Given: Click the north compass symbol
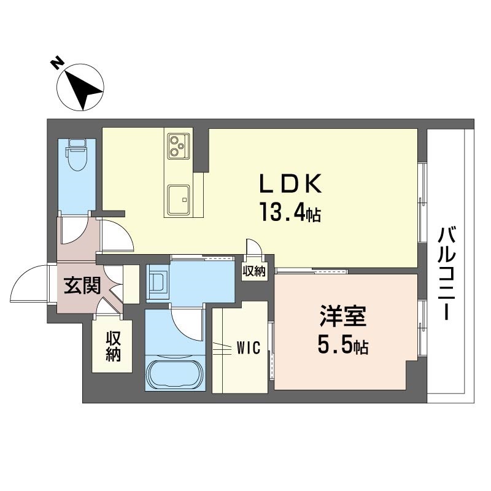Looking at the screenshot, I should click(x=80, y=88).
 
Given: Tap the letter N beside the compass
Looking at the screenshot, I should click(x=55, y=62).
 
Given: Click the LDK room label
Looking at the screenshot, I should click(x=291, y=184).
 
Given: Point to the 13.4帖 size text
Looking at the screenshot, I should click(x=291, y=214).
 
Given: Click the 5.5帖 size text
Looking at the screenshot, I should click(x=342, y=347).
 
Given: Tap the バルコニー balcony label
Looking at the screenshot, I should click(x=447, y=273).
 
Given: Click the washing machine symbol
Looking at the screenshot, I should click(x=157, y=282).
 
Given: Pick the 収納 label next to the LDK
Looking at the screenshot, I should click(x=253, y=271).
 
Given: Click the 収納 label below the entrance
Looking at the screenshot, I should click(x=112, y=346).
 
